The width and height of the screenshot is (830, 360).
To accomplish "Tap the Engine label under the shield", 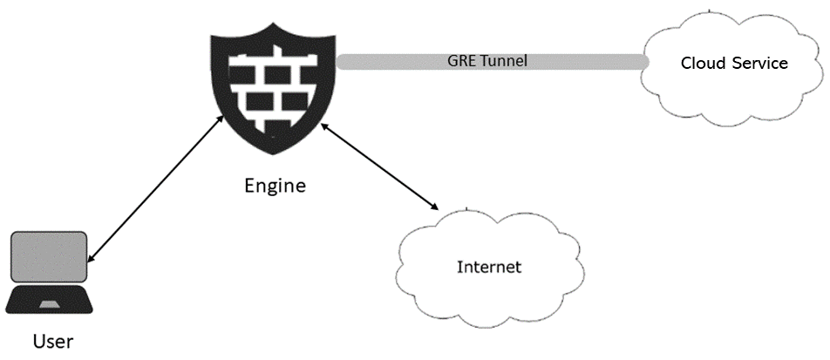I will pyautogui.click(x=276, y=187).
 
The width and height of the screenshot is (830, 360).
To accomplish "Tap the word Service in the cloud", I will pyautogui.click(x=759, y=63).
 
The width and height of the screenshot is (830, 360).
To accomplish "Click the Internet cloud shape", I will pyautogui.click(x=488, y=266).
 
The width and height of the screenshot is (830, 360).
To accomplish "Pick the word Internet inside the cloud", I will pyautogui.click(x=489, y=266).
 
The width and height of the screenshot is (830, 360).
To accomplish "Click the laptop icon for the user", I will pyautogui.click(x=50, y=273).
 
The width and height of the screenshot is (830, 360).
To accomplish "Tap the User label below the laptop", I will pyautogui.click(x=52, y=341).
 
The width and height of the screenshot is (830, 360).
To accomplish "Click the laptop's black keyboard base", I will pyautogui.click(x=50, y=299).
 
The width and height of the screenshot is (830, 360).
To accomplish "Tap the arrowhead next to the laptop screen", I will pyautogui.click(x=90, y=256).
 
